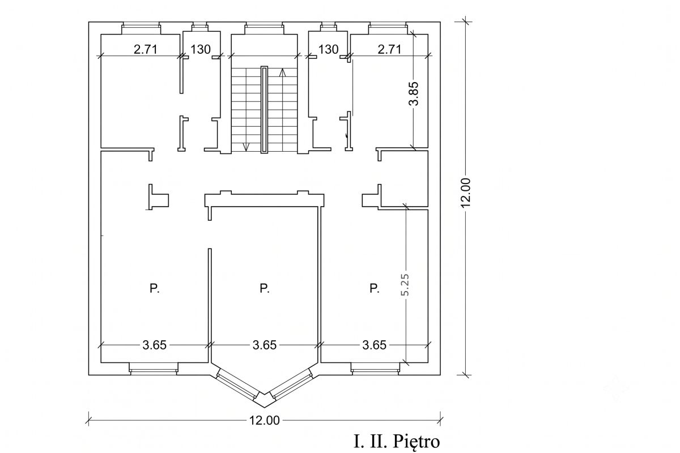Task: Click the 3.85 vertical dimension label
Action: (x=414, y=94)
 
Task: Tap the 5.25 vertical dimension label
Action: (x=405, y=285)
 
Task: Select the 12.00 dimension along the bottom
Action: (x=265, y=421)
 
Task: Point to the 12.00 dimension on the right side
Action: (x=465, y=193)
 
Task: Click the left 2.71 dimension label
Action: (x=146, y=49)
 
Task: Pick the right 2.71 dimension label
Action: (x=389, y=49)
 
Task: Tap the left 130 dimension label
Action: (x=201, y=49)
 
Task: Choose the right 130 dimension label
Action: (x=328, y=49)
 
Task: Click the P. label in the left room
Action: (x=155, y=288)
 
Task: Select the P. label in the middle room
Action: (x=265, y=288)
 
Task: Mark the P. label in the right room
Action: (x=375, y=288)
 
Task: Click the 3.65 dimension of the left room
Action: (x=155, y=345)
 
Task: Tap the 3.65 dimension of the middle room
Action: (x=265, y=345)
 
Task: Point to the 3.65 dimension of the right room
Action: (x=375, y=345)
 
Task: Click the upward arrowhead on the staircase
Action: (x=283, y=72)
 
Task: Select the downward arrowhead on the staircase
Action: (x=246, y=147)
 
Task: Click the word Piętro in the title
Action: (x=416, y=442)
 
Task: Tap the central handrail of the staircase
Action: (x=265, y=110)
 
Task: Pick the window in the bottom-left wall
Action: (x=154, y=369)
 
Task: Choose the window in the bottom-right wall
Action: (x=375, y=369)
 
